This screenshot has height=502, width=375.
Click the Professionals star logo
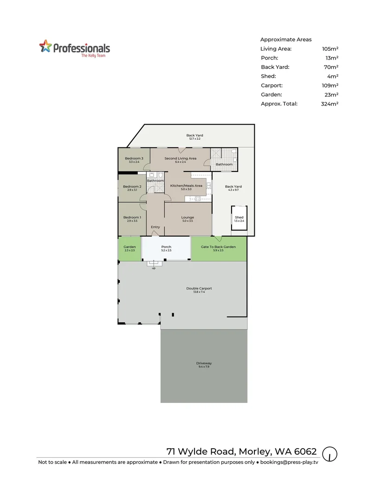[x=45, y=47]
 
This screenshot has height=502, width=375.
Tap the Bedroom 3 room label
[x=134, y=159]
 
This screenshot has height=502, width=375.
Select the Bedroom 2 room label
[x=132, y=186]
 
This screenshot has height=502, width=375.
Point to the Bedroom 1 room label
[x=132, y=218]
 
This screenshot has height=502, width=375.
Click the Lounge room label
[x=187, y=218]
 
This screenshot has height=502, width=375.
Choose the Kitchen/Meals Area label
[x=186, y=186]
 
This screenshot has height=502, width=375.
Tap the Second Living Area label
[x=180, y=159]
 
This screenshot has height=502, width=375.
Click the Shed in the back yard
[x=239, y=219]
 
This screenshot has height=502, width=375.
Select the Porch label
[x=166, y=247]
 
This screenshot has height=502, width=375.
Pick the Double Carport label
[x=199, y=288]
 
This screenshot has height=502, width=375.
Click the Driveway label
[x=204, y=363]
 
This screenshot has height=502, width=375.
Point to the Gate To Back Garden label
[x=218, y=247]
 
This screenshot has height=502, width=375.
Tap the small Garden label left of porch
[x=129, y=247]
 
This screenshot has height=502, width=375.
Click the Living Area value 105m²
[x=330, y=49]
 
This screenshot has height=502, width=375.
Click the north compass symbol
[x=330, y=454]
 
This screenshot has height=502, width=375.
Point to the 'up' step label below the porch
[x=154, y=268]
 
